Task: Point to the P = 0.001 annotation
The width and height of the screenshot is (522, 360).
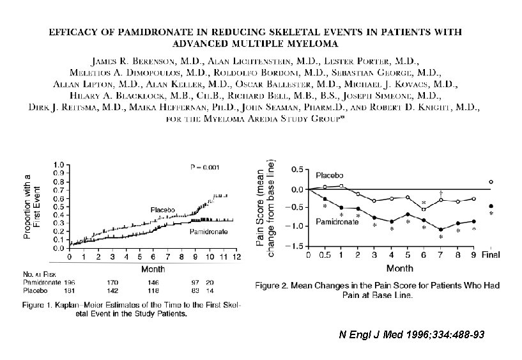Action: (x=206, y=168)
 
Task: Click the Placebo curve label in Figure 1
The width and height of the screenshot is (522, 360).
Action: (x=164, y=210)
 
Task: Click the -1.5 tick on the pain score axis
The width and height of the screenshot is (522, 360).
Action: (x=296, y=246)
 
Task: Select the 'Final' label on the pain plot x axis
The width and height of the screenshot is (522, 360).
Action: (x=490, y=254)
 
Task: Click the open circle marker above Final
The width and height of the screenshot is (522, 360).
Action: (x=491, y=182)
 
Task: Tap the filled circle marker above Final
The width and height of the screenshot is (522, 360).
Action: (x=491, y=206)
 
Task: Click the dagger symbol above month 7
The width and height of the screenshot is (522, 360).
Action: (x=440, y=192)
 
